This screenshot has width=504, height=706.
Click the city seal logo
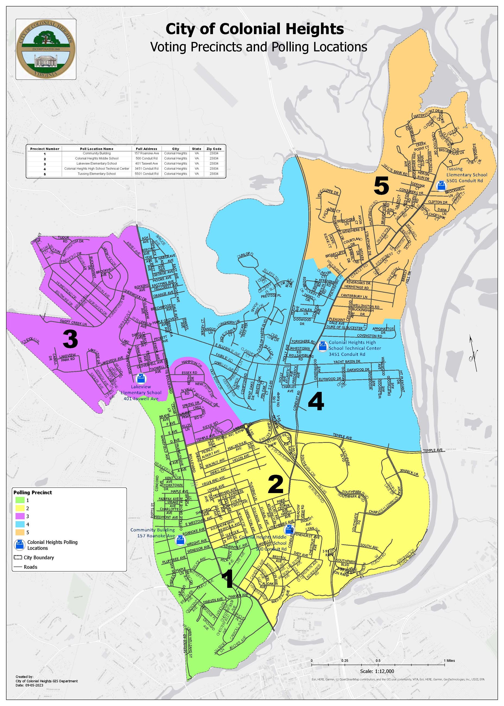point(46,49)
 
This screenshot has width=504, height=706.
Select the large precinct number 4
point(316,401)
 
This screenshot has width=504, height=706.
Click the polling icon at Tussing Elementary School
point(441,186)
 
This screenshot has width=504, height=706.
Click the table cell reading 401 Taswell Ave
point(147,163)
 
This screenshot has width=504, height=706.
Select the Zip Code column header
point(214,149)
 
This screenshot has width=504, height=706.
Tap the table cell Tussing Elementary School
point(97,174)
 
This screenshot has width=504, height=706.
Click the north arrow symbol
point(474,354)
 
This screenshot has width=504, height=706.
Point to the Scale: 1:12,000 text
point(377,671)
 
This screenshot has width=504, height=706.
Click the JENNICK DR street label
point(409,472)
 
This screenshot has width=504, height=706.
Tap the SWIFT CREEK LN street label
point(73,323)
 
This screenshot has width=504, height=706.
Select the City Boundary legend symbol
point(18,557)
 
